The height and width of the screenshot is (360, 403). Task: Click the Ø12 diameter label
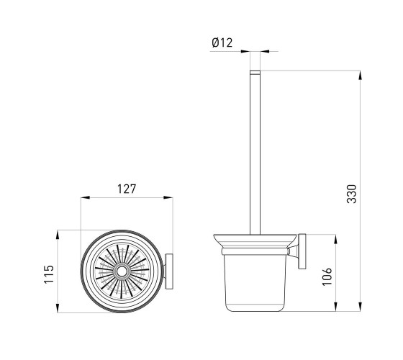[222, 42]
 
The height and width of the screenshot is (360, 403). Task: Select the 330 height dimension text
[352, 194]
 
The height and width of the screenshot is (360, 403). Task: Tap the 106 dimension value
[327, 276]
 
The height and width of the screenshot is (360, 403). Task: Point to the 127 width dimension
[127, 189]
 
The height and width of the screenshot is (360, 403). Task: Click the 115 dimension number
[49, 274]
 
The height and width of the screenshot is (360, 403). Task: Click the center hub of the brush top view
[122, 271]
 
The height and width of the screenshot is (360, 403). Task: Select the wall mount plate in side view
[302, 251]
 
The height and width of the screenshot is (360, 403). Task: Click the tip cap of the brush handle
[255, 72]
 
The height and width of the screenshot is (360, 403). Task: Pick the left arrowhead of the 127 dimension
[85, 197]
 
